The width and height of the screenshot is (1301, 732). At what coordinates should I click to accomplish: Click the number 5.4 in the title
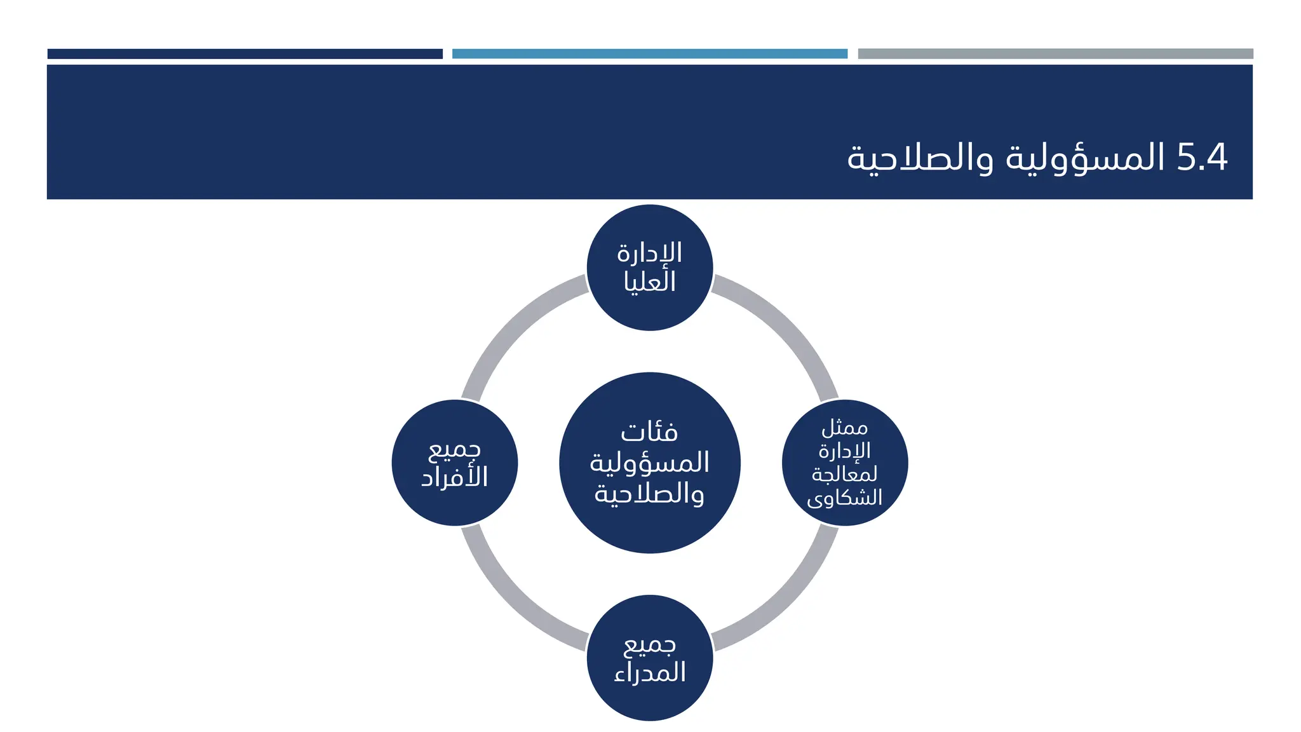click(x=1201, y=158)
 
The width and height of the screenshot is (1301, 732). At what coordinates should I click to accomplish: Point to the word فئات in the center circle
click(x=649, y=433)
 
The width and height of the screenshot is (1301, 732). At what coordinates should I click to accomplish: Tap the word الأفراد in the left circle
click(x=455, y=477)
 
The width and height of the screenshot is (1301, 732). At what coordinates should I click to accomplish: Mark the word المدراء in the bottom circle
click(x=649, y=672)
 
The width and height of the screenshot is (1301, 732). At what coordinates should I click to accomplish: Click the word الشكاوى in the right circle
click(x=844, y=498)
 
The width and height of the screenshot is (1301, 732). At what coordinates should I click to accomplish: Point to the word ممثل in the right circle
click(x=844, y=428)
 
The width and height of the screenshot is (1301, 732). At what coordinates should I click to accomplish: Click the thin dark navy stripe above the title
click(x=245, y=54)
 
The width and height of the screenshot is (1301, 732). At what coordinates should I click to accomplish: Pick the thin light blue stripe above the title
click(x=649, y=54)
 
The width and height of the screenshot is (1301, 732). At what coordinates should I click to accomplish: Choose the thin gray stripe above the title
click(x=1055, y=54)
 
